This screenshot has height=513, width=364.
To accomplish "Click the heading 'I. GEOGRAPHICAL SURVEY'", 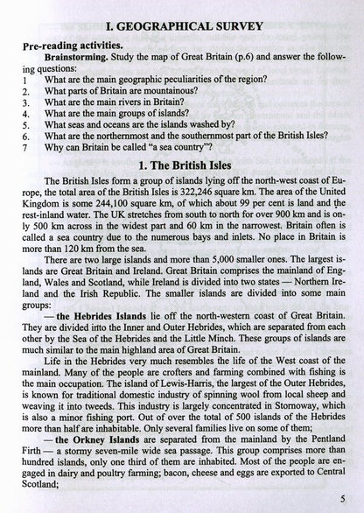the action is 182,11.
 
